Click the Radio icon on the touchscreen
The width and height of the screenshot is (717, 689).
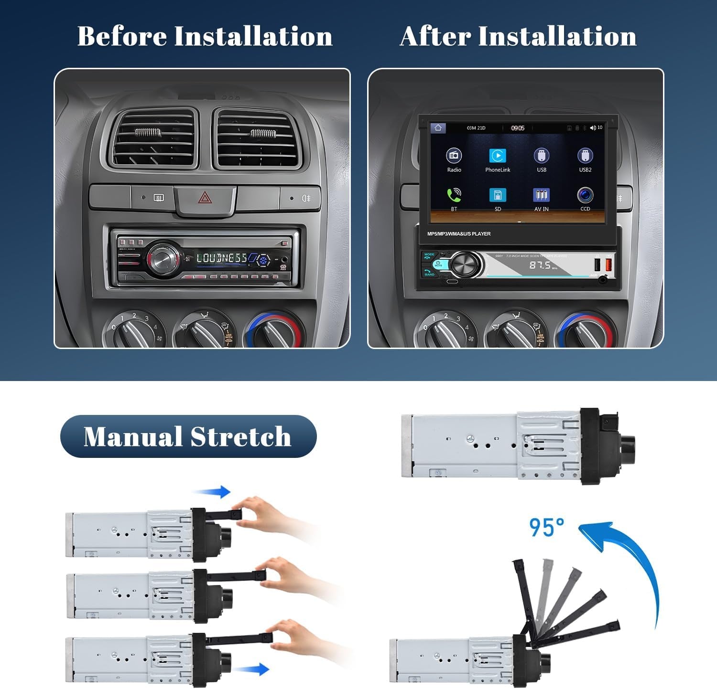click(x=454, y=156)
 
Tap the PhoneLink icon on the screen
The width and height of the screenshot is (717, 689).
click(x=498, y=156)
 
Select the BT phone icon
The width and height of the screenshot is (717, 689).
click(x=454, y=195)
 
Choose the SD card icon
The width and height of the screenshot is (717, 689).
click(x=498, y=195)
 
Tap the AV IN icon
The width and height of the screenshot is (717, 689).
click(x=541, y=195)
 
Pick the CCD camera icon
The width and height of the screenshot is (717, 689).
click(x=585, y=195)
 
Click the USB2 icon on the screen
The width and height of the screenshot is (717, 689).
click(x=585, y=156)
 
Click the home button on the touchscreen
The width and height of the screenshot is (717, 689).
click(x=438, y=128)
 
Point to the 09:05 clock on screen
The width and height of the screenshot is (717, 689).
click(x=518, y=128)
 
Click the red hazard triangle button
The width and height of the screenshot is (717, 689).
click(x=205, y=197)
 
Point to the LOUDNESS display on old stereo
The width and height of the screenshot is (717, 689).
click(x=222, y=258)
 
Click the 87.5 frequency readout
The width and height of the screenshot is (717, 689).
click(x=540, y=265)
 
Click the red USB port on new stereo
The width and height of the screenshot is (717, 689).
click(x=608, y=264)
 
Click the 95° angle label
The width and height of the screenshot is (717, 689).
click(x=546, y=528)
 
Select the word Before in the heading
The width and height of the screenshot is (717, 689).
click(x=122, y=36)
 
